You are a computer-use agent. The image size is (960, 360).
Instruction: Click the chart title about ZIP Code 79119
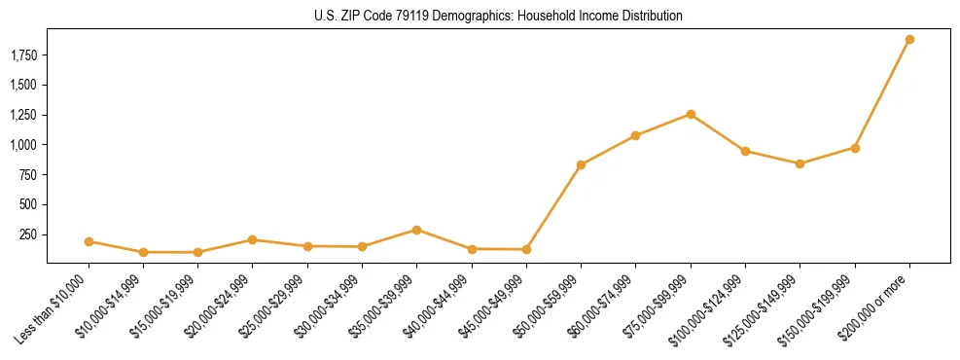coord(498,16)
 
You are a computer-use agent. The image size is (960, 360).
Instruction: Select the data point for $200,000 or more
coord(909,40)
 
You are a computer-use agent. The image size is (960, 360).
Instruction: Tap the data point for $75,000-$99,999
coord(691,114)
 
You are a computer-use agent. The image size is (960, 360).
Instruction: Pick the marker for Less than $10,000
coord(89,241)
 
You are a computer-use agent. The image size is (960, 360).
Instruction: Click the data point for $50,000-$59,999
coord(581,164)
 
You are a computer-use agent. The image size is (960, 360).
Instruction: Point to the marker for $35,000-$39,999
coord(416,230)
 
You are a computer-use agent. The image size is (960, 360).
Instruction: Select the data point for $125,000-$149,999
coord(800,163)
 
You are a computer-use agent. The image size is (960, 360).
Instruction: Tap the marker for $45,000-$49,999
coord(526,249)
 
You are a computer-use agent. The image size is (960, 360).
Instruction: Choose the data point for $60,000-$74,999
coord(635,135)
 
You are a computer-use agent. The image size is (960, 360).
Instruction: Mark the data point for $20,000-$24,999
coord(253,239)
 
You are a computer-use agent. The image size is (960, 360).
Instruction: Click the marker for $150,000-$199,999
coord(855,148)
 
